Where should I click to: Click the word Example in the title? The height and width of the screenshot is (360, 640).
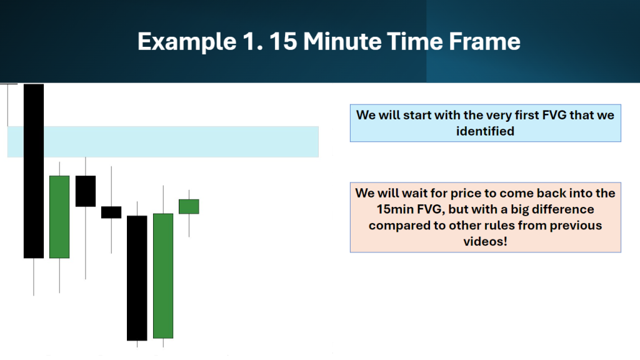pos(187,42)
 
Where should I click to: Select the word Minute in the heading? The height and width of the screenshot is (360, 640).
pos(342,41)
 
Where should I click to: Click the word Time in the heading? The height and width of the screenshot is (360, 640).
pos(414,41)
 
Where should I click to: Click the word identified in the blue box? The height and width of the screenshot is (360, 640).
pos(485,131)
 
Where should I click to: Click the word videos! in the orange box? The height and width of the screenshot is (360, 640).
pos(485,242)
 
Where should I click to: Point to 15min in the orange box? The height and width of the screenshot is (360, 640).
pos(395,209)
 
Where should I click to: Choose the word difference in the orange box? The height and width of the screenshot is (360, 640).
pos(563,209)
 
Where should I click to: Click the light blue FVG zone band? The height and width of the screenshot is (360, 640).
pos(163,142)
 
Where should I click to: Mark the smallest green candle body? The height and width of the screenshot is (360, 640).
pos(189,206)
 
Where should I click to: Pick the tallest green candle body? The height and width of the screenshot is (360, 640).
pos(163,276)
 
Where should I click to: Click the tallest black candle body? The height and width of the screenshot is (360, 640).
pos(34,171)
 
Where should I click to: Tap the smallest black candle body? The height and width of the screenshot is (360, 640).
pos(111,212)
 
